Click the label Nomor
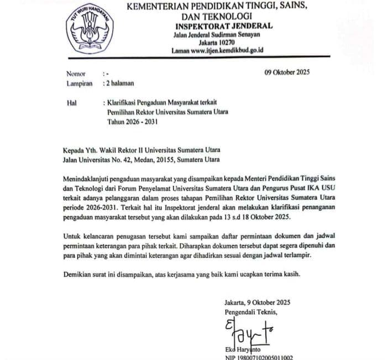tap(76, 74)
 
